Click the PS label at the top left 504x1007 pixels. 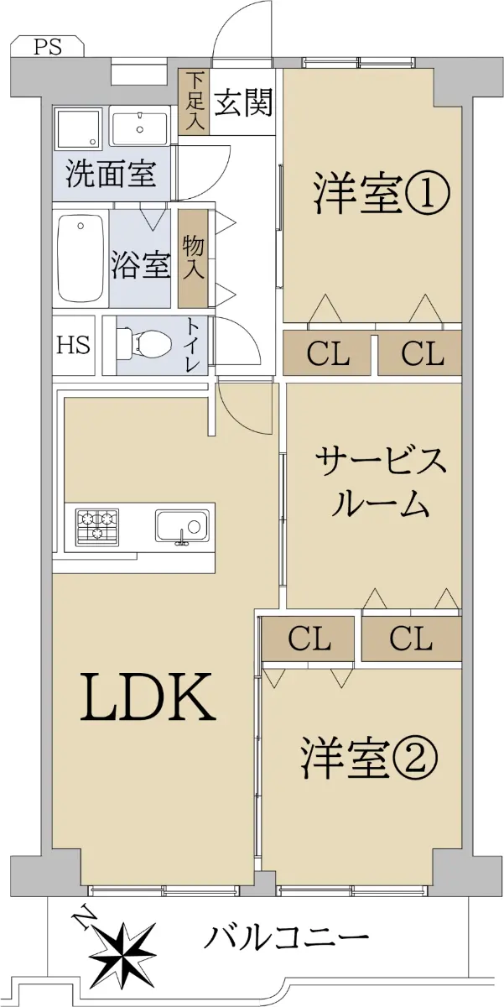point(48,47)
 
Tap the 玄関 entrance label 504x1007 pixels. point(242,102)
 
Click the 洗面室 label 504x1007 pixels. point(111,174)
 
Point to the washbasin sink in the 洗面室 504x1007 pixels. point(140,128)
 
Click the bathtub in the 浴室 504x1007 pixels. point(81,258)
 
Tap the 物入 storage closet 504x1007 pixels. point(193,259)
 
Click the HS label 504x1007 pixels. point(74,345)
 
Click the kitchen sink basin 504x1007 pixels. point(182,526)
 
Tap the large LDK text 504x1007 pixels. point(148,697)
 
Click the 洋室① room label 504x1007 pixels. point(382,195)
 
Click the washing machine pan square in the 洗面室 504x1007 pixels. point(77,128)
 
